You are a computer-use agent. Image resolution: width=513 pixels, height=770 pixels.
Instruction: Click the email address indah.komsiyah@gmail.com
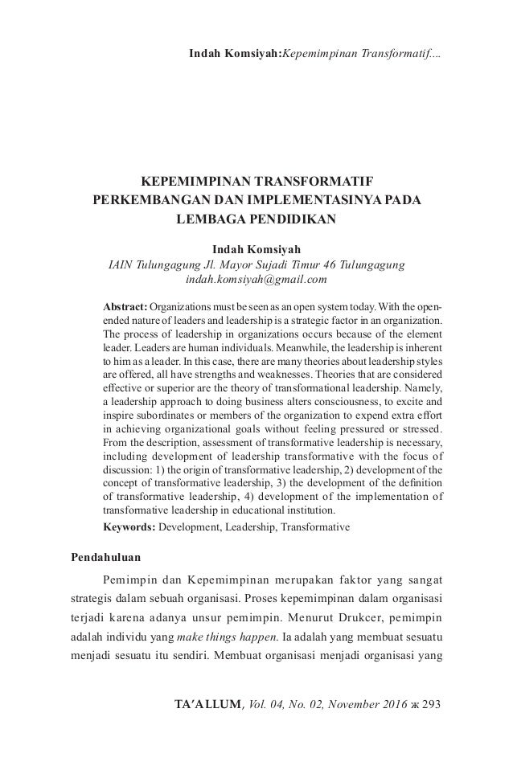pyautogui.click(x=256, y=280)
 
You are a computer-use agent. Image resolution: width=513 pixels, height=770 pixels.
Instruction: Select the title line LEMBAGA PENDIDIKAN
pyautogui.click(x=256, y=218)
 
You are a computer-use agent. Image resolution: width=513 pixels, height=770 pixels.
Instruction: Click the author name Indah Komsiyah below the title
pyautogui.click(x=256, y=248)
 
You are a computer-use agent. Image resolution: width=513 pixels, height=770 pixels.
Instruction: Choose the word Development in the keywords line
pyautogui.click(x=194, y=529)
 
